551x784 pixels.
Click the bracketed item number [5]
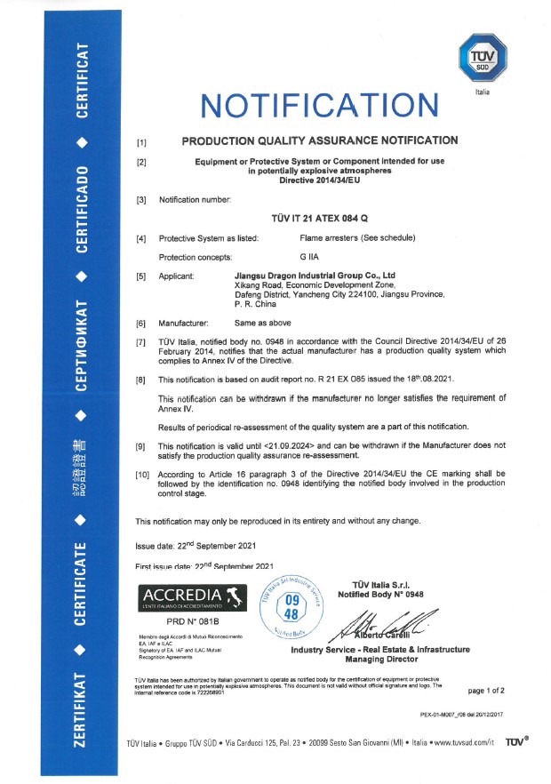(x=140, y=276)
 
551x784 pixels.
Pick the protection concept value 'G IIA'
(x=311, y=257)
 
